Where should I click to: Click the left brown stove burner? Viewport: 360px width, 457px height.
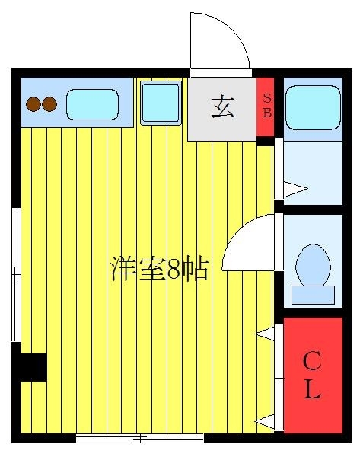(33, 104)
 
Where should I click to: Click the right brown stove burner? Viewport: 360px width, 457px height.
(49, 104)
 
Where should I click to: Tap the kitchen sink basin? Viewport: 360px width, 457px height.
(92, 104)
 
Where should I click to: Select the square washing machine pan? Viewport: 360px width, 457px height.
(161, 103)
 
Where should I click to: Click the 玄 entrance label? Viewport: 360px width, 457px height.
(222, 107)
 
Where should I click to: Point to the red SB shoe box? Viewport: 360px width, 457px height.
(265, 107)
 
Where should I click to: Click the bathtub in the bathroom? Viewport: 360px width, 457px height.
(313, 107)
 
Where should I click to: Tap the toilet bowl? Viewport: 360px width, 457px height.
(313, 265)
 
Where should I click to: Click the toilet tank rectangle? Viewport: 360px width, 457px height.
(313, 295)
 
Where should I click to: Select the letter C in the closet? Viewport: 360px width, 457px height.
(312, 360)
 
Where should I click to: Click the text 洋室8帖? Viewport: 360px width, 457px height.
(159, 268)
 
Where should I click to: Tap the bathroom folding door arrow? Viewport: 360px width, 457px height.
(295, 189)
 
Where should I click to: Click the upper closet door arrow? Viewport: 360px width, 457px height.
(264, 334)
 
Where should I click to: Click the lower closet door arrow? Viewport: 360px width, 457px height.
(264, 421)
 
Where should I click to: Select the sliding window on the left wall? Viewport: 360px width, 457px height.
(16, 274)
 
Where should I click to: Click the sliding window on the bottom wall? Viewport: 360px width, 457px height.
(139, 438)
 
